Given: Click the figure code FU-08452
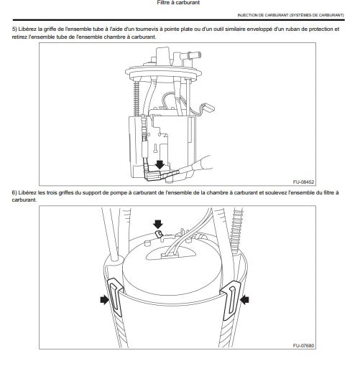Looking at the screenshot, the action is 303,182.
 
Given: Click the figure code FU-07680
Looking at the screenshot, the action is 303,345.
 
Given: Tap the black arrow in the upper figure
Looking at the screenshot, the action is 160,164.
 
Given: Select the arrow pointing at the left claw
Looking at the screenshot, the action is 104,299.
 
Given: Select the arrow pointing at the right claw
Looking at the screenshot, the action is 244,300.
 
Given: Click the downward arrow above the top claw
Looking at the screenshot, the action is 158,224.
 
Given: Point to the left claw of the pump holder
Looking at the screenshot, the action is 115,297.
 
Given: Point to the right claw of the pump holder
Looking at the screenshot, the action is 231,301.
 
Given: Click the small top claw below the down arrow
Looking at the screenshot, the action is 158,234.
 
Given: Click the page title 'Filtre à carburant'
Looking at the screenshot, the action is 178,3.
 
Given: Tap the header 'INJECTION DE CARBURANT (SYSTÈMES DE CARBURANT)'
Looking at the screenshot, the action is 290,15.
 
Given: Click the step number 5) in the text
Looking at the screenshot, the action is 14,29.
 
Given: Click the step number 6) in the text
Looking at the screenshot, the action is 14,192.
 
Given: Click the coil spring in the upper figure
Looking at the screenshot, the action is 137,98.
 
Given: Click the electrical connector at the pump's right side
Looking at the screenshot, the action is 208,108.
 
